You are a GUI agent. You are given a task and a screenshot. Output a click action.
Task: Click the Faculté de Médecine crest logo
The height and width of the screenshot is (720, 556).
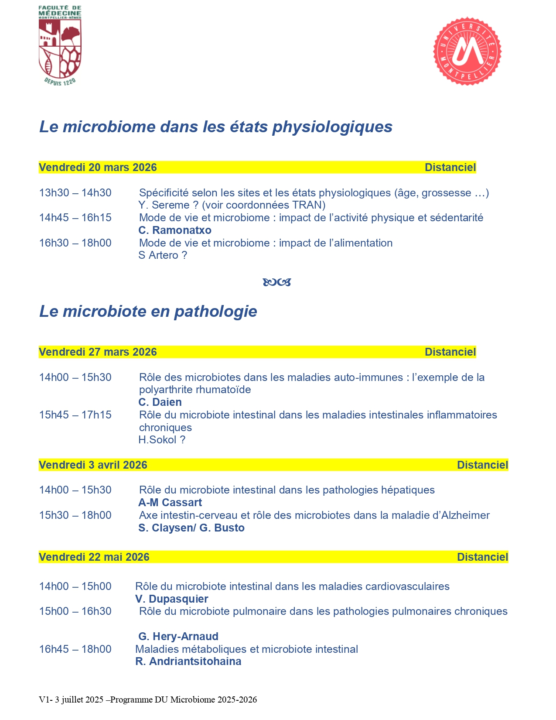(x=60, y=46)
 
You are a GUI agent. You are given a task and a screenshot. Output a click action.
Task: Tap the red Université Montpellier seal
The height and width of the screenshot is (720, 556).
(x=467, y=51)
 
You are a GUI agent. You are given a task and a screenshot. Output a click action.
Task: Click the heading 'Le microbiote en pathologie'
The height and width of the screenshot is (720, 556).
(x=148, y=312)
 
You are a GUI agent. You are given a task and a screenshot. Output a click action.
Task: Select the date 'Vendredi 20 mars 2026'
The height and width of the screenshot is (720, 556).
(x=98, y=168)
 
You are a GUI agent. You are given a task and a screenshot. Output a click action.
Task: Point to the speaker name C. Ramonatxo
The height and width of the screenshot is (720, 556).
(x=175, y=230)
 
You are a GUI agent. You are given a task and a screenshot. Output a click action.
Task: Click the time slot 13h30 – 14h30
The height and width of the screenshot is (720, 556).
(x=75, y=193)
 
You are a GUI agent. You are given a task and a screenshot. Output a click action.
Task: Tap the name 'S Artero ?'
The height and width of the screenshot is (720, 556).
(x=163, y=255)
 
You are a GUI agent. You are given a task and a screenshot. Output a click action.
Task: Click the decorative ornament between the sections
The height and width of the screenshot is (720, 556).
(x=277, y=282)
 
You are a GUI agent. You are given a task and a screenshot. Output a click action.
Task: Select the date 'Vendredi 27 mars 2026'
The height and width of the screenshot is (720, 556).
(x=98, y=352)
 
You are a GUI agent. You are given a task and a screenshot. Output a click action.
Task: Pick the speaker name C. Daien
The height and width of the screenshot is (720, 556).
(x=160, y=402)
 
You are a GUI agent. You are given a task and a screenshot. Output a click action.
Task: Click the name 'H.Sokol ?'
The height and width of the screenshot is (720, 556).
(x=162, y=440)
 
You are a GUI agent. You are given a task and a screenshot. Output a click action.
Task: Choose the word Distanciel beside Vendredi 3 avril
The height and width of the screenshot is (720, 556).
(x=482, y=465)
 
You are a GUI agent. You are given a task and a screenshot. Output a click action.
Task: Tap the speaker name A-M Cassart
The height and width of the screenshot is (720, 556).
(x=170, y=503)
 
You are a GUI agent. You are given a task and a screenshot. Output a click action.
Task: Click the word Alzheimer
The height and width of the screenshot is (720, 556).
(x=465, y=515)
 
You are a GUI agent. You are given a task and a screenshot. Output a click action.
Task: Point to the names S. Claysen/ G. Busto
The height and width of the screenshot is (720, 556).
(x=191, y=528)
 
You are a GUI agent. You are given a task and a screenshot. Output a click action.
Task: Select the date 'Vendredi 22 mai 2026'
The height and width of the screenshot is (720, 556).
(x=94, y=557)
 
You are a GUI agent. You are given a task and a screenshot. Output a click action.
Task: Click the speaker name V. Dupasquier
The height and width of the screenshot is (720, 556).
(x=172, y=599)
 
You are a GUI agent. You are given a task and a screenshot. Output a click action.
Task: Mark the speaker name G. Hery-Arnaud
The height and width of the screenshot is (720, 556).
(x=178, y=637)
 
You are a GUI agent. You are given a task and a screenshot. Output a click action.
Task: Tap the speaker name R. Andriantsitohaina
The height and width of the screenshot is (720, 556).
(x=188, y=662)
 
